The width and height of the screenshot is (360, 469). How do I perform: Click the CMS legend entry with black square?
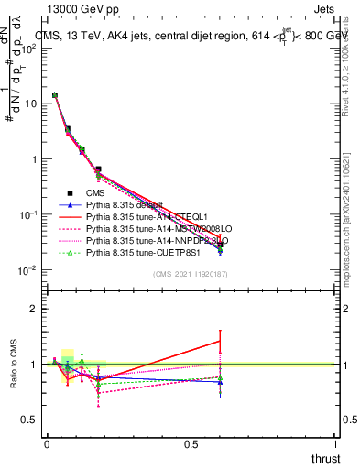97,193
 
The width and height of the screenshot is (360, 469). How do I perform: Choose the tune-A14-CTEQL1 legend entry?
136,217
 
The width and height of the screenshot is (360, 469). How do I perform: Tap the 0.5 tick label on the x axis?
191,444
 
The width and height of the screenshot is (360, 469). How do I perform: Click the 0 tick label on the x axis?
47,444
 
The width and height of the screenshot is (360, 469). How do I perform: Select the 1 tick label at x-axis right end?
334,444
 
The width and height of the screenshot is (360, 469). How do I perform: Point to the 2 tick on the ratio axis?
34,309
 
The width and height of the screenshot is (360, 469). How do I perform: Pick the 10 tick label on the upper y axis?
29,104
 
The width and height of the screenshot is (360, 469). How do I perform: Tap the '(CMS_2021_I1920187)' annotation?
190,275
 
